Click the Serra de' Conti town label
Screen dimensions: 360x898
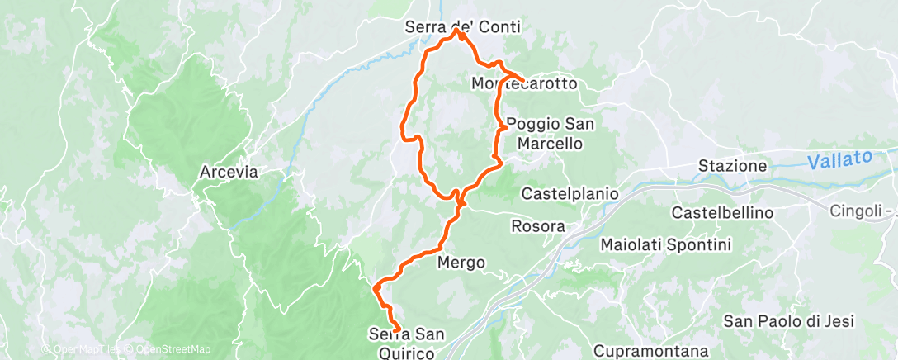(x=463, y=27)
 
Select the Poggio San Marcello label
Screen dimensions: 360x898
(x=550, y=134)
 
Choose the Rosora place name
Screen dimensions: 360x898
(x=538, y=226)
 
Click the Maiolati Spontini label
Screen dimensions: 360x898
(x=666, y=244)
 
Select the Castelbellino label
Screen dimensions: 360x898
(x=723, y=213)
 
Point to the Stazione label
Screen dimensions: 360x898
(x=732, y=166)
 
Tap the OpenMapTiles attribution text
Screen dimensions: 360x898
(x=81, y=349)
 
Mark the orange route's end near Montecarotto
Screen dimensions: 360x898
(x=522, y=80)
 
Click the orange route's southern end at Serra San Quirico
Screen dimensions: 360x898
(x=397, y=329)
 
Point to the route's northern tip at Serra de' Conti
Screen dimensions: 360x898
(x=459, y=32)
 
